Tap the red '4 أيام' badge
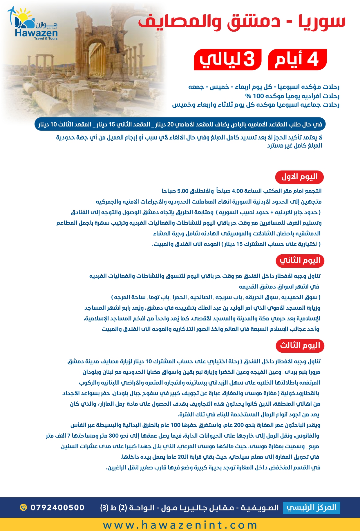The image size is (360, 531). [x=297, y=59]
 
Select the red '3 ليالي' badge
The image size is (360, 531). [x=228, y=59]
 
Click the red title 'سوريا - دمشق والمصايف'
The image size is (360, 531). [x=242, y=22]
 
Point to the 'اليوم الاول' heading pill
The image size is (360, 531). [x=299, y=177]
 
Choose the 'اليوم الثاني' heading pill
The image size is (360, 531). [x=300, y=260]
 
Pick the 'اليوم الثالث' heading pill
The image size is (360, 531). [x=300, y=345]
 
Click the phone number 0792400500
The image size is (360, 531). [x=57, y=508]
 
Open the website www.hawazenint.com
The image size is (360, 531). [x=180, y=525]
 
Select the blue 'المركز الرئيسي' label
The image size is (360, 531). [x=311, y=508]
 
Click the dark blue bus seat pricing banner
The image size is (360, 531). [x=180, y=124]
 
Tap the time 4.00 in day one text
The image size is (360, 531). [x=237, y=191]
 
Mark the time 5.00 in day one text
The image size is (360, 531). [x=183, y=191]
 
